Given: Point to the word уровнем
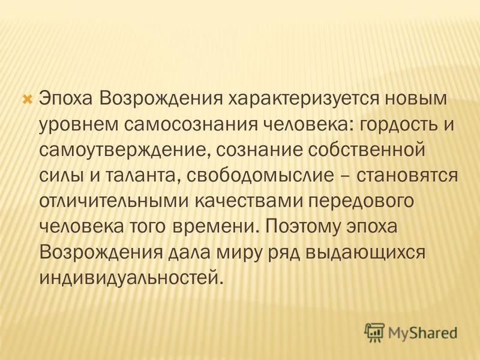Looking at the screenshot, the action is [x=79, y=125].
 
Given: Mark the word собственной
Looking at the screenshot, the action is [x=367, y=151].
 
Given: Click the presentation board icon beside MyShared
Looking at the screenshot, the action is [x=374, y=332].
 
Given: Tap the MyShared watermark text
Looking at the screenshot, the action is [x=422, y=333].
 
